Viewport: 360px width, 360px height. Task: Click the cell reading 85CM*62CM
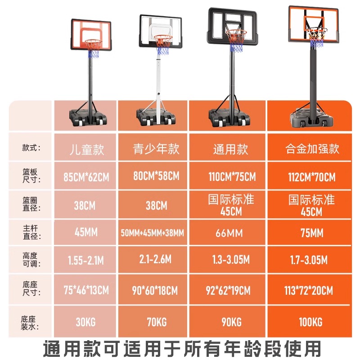point(86,177)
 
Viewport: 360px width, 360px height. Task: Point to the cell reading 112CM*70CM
point(312,177)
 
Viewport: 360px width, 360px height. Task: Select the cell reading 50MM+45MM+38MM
point(153,233)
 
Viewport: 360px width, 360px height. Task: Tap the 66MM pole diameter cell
point(231,233)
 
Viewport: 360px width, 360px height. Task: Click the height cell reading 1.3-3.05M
point(231,260)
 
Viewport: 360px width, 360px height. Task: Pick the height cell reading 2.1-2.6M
point(156,260)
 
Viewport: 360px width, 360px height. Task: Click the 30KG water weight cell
point(86,322)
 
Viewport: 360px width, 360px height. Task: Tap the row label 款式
point(28,148)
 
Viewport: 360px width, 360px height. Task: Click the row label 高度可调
point(28,260)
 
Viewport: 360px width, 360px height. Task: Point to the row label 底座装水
point(28,322)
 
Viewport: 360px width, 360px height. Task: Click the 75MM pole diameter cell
point(312,233)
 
